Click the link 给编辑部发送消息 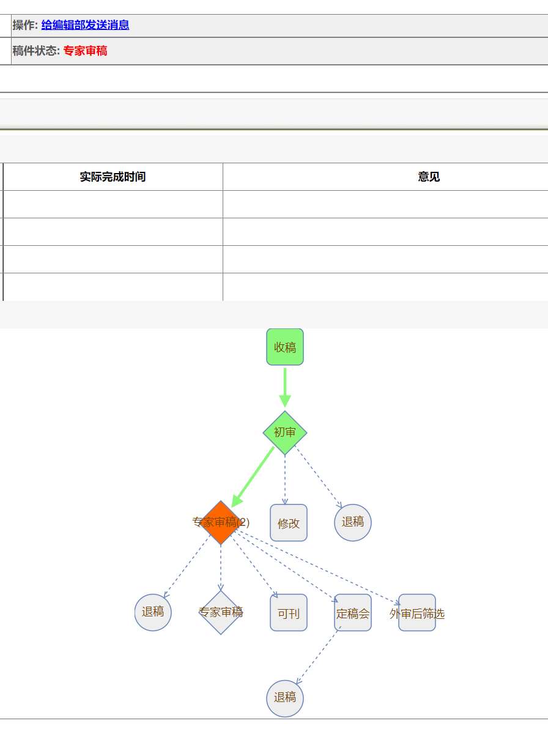click(85, 25)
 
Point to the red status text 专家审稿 click(85, 51)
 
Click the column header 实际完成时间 click(113, 177)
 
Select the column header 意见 click(429, 177)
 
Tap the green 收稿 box click(285, 347)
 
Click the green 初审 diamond click(285, 432)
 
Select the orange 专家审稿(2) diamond click(221, 522)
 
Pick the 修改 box click(289, 523)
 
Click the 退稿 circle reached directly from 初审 click(353, 522)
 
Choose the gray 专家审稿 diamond click(221, 612)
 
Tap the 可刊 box click(289, 613)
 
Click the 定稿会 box click(353, 613)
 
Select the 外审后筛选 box click(417, 613)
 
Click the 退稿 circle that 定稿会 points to click(285, 698)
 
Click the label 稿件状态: click(36, 51)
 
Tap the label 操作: click(25, 25)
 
